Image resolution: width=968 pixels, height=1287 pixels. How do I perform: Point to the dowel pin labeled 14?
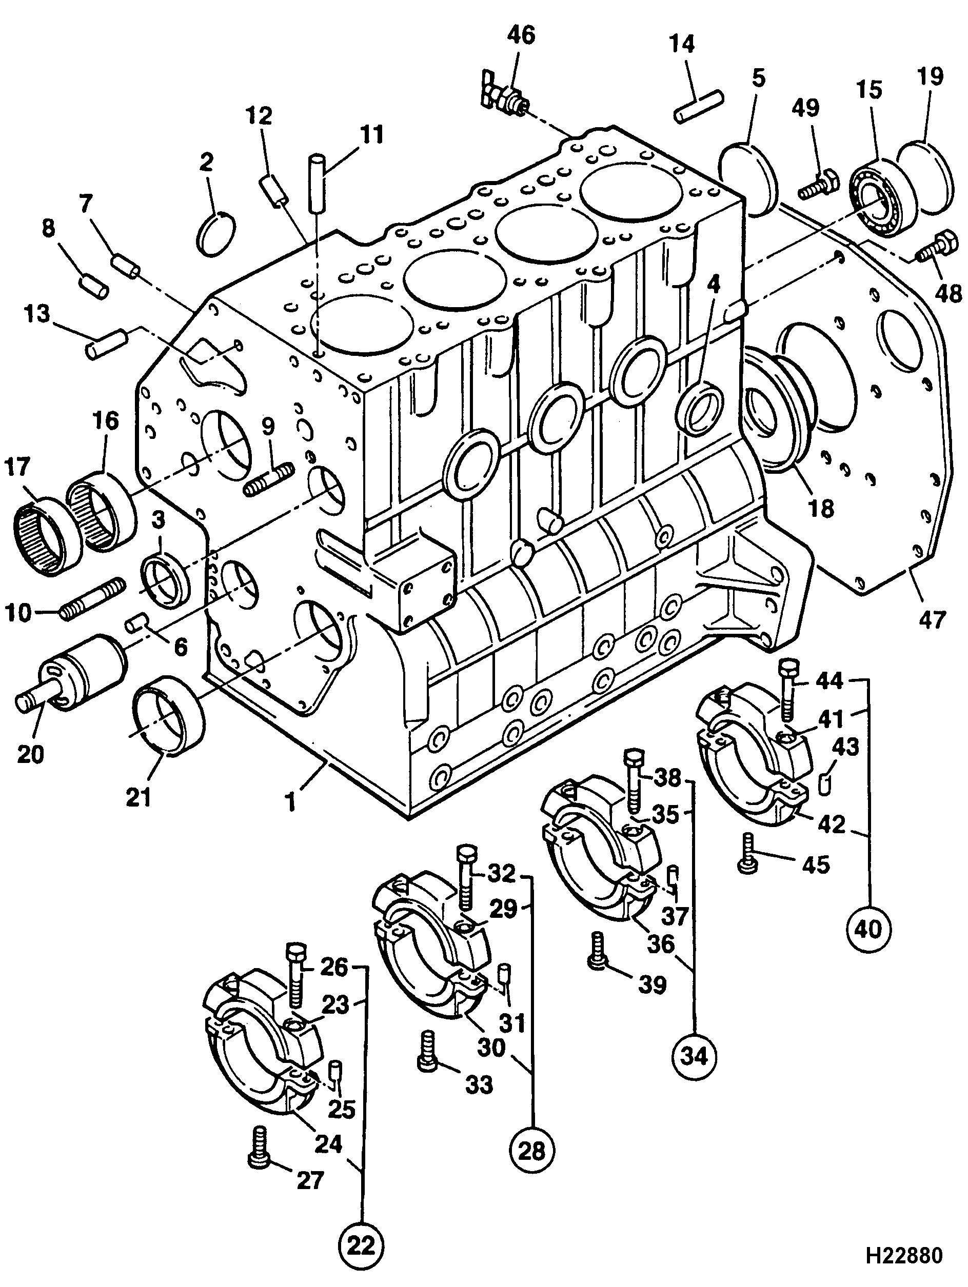click(699, 107)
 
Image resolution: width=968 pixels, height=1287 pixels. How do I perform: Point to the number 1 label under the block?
click(289, 803)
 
